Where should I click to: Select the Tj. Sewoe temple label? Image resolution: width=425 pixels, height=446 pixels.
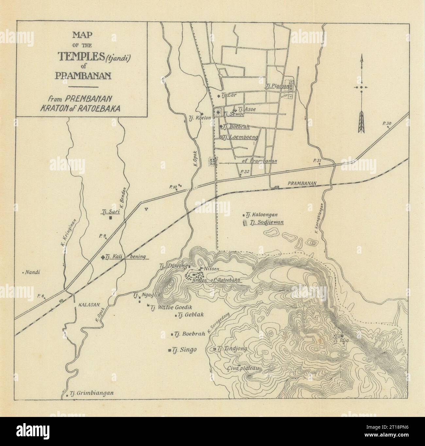coord(234,114)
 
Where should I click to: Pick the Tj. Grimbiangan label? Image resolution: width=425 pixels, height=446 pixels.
coord(93,393)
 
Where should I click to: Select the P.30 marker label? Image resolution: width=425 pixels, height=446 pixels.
coord(386,123)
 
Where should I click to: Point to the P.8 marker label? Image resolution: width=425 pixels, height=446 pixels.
coord(41,296)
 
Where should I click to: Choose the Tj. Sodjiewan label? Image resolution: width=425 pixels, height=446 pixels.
coord(266,223)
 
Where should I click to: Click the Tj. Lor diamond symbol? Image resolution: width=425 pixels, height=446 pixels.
coord(219,96)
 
